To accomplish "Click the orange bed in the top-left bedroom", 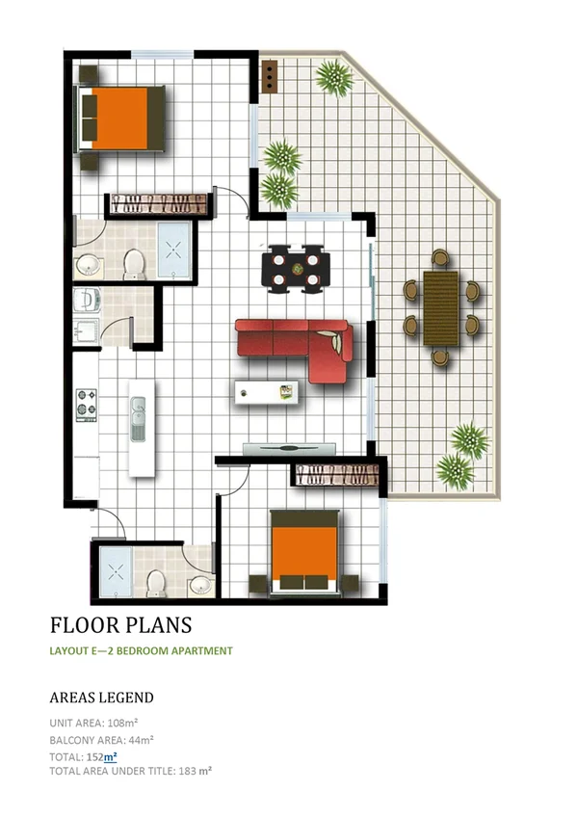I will pyautogui.click(x=120, y=117).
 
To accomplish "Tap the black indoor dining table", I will pyautogui.click(x=296, y=268).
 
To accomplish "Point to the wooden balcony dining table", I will pyautogui.click(x=442, y=306).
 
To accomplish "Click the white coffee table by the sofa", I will pyautogui.click(x=267, y=392).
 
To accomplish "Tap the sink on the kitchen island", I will pyautogui.click(x=138, y=422).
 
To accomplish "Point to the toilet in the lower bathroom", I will pyautogui.click(x=157, y=582).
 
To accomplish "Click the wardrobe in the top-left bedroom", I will pyautogui.click(x=158, y=203).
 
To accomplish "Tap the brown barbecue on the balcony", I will pyautogui.click(x=270, y=75).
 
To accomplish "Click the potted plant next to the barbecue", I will pyautogui.click(x=331, y=77).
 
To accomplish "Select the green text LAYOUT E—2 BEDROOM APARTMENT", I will pyautogui.click(x=141, y=651).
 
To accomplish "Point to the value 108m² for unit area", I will pyautogui.click(x=124, y=722).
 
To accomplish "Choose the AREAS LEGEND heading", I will pyautogui.click(x=101, y=697).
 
